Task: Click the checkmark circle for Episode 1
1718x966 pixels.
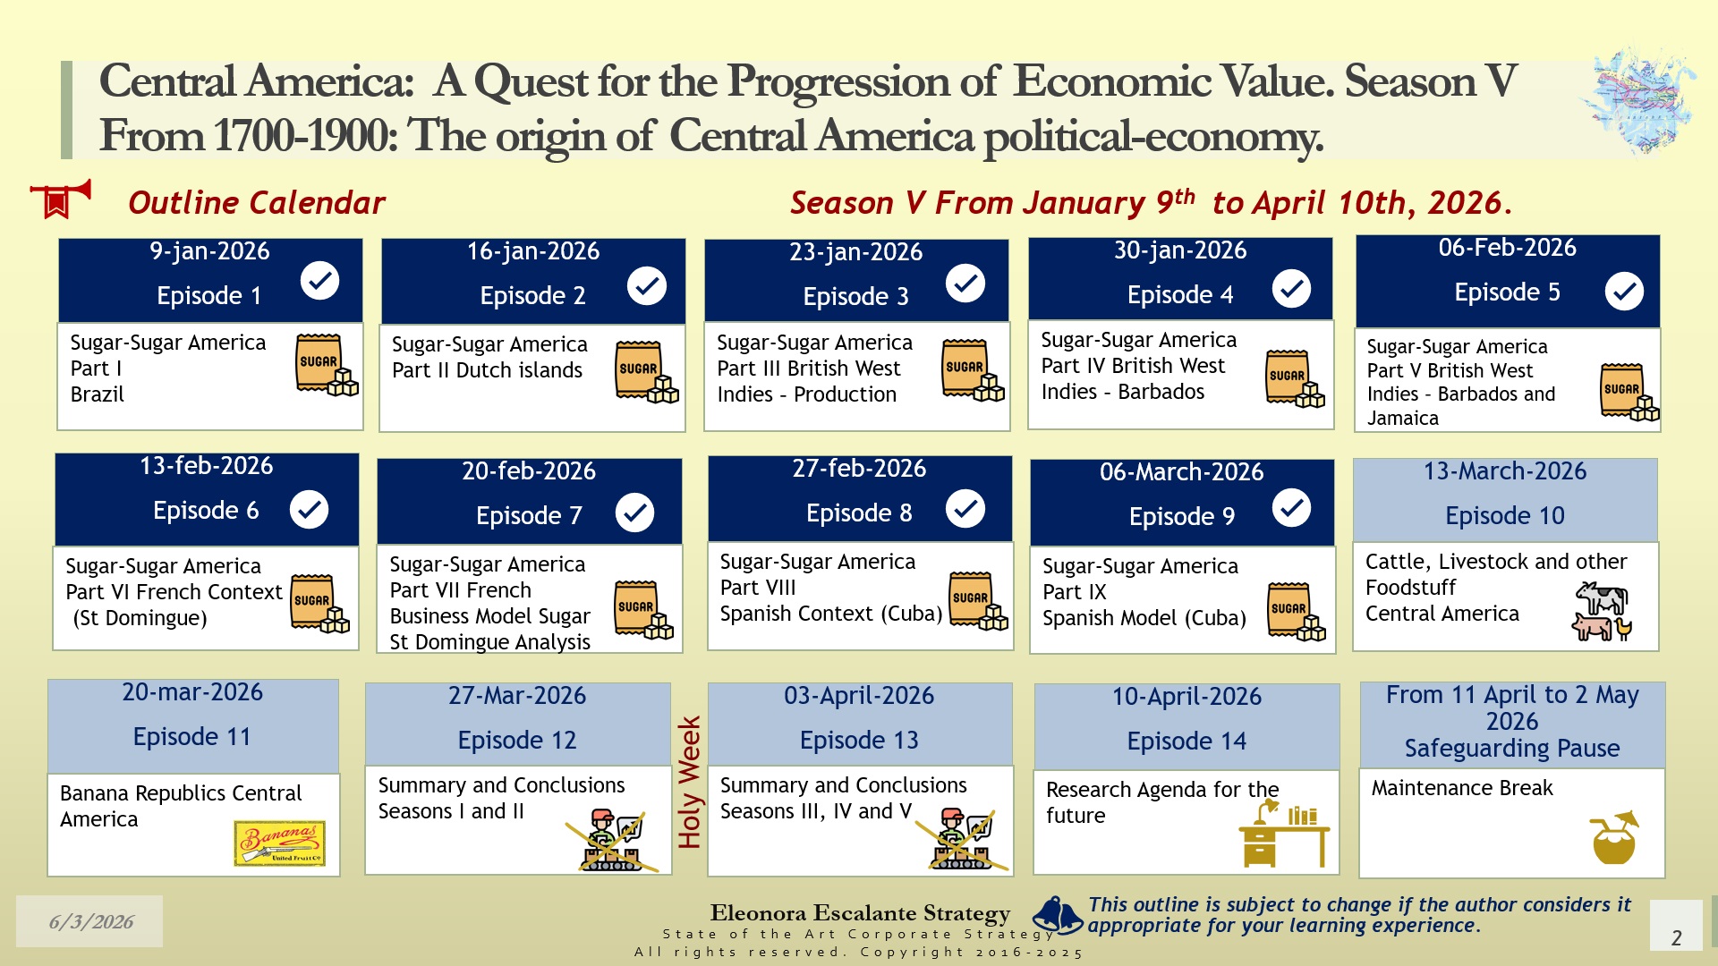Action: [x=319, y=281]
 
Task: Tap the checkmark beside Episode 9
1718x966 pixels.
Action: [x=1291, y=508]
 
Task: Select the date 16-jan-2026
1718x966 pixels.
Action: [x=533, y=251]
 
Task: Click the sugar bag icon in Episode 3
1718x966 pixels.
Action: [x=973, y=369]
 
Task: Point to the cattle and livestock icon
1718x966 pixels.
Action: [x=1602, y=611]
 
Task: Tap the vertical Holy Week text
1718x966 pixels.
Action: [x=689, y=782]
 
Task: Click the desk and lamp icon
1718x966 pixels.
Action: [x=1284, y=834]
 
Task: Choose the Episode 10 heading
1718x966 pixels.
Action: [x=1505, y=515]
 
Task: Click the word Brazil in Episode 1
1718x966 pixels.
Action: [x=98, y=394]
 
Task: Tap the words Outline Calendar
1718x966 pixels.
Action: [x=257, y=203]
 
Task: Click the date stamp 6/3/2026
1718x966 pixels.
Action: [x=91, y=922]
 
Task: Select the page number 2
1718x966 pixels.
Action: [x=1677, y=937]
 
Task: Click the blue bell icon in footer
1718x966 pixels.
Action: [x=1059, y=915]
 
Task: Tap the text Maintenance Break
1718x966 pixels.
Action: [x=1462, y=788]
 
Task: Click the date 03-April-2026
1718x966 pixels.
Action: [x=859, y=696]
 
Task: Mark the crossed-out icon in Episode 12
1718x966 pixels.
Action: [x=612, y=840]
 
